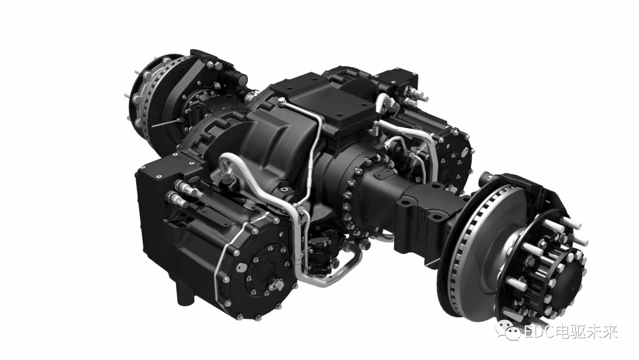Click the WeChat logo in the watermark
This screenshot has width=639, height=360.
506,332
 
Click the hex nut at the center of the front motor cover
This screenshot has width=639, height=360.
273,287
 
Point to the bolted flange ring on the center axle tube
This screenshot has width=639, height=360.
364,195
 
